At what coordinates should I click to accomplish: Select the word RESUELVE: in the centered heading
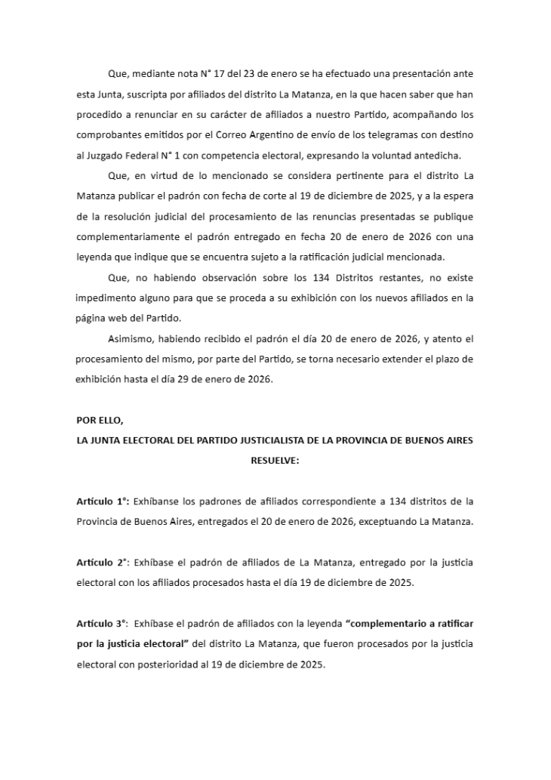[275, 459]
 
